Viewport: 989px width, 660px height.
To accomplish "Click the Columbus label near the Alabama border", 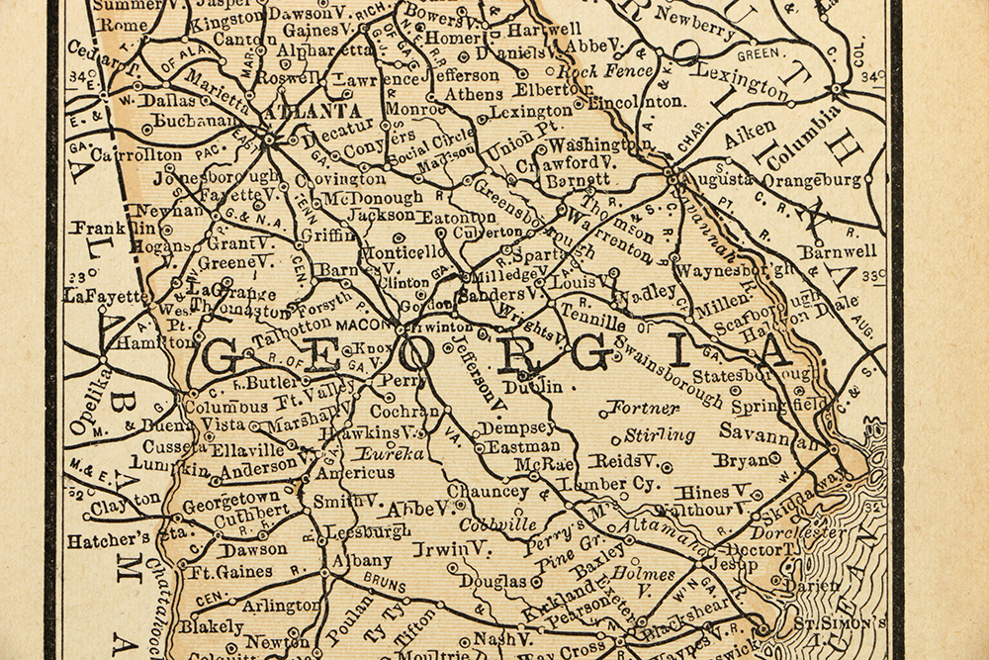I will [x=225, y=406].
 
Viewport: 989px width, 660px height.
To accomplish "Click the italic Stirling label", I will [x=659, y=435].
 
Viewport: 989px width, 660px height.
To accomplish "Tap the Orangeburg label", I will [x=812, y=180].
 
